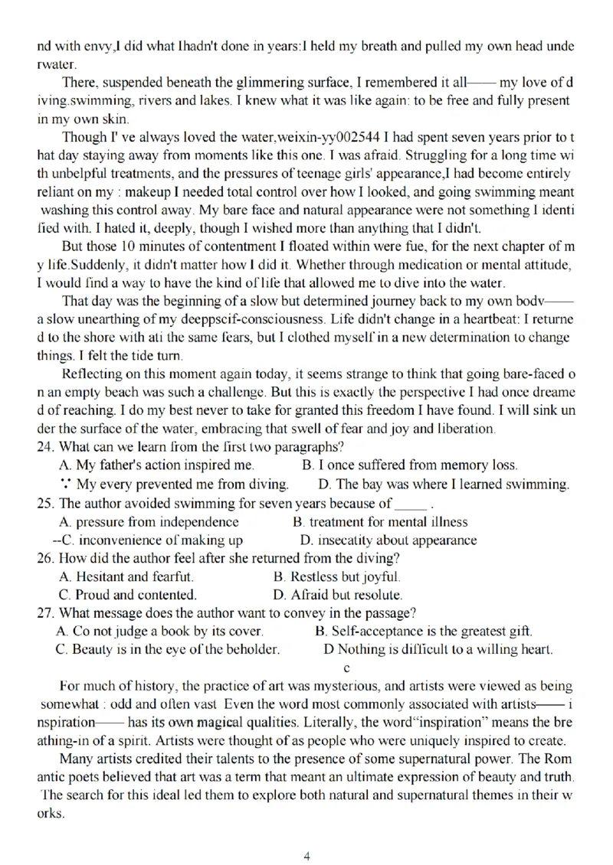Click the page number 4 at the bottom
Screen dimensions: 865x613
point(306,835)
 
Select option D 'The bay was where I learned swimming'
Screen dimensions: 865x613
point(444,485)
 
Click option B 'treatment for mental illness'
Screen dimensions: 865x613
point(380,522)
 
